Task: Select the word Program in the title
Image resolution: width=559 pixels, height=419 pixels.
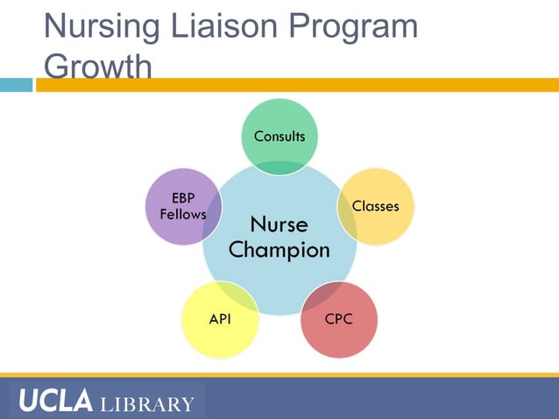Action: click(x=357, y=28)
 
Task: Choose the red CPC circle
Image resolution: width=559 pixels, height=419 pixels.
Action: click(x=340, y=320)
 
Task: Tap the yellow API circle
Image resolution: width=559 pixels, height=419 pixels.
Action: click(x=219, y=320)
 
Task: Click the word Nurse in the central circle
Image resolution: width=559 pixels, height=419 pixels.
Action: click(x=279, y=225)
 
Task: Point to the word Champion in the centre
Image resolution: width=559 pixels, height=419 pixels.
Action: click(x=279, y=250)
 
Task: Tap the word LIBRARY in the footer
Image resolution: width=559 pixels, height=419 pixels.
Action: click(x=147, y=404)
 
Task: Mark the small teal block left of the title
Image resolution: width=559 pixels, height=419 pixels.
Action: click(x=16, y=85)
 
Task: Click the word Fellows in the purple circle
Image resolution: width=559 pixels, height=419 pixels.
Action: click(x=183, y=215)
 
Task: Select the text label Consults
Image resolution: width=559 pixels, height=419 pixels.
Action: click(x=279, y=136)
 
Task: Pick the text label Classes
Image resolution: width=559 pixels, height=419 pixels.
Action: click(x=375, y=206)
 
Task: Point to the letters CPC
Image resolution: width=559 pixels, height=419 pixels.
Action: click(x=339, y=319)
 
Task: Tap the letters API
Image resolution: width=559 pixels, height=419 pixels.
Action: click(x=220, y=319)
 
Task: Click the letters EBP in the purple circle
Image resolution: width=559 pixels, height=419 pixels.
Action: click(x=183, y=198)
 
